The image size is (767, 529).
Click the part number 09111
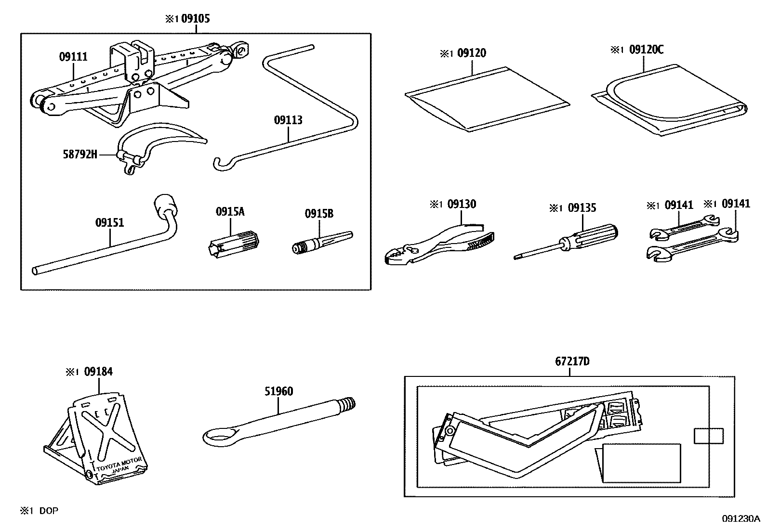pos(73,57)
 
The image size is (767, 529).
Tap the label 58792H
pos(80,155)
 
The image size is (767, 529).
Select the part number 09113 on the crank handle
pos(288,120)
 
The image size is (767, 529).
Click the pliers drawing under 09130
pos(438,245)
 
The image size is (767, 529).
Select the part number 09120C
pos(646,50)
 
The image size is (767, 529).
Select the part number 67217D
pos(572,361)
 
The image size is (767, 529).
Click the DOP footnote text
pos(48,511)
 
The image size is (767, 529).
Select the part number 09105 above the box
pos(195,19)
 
